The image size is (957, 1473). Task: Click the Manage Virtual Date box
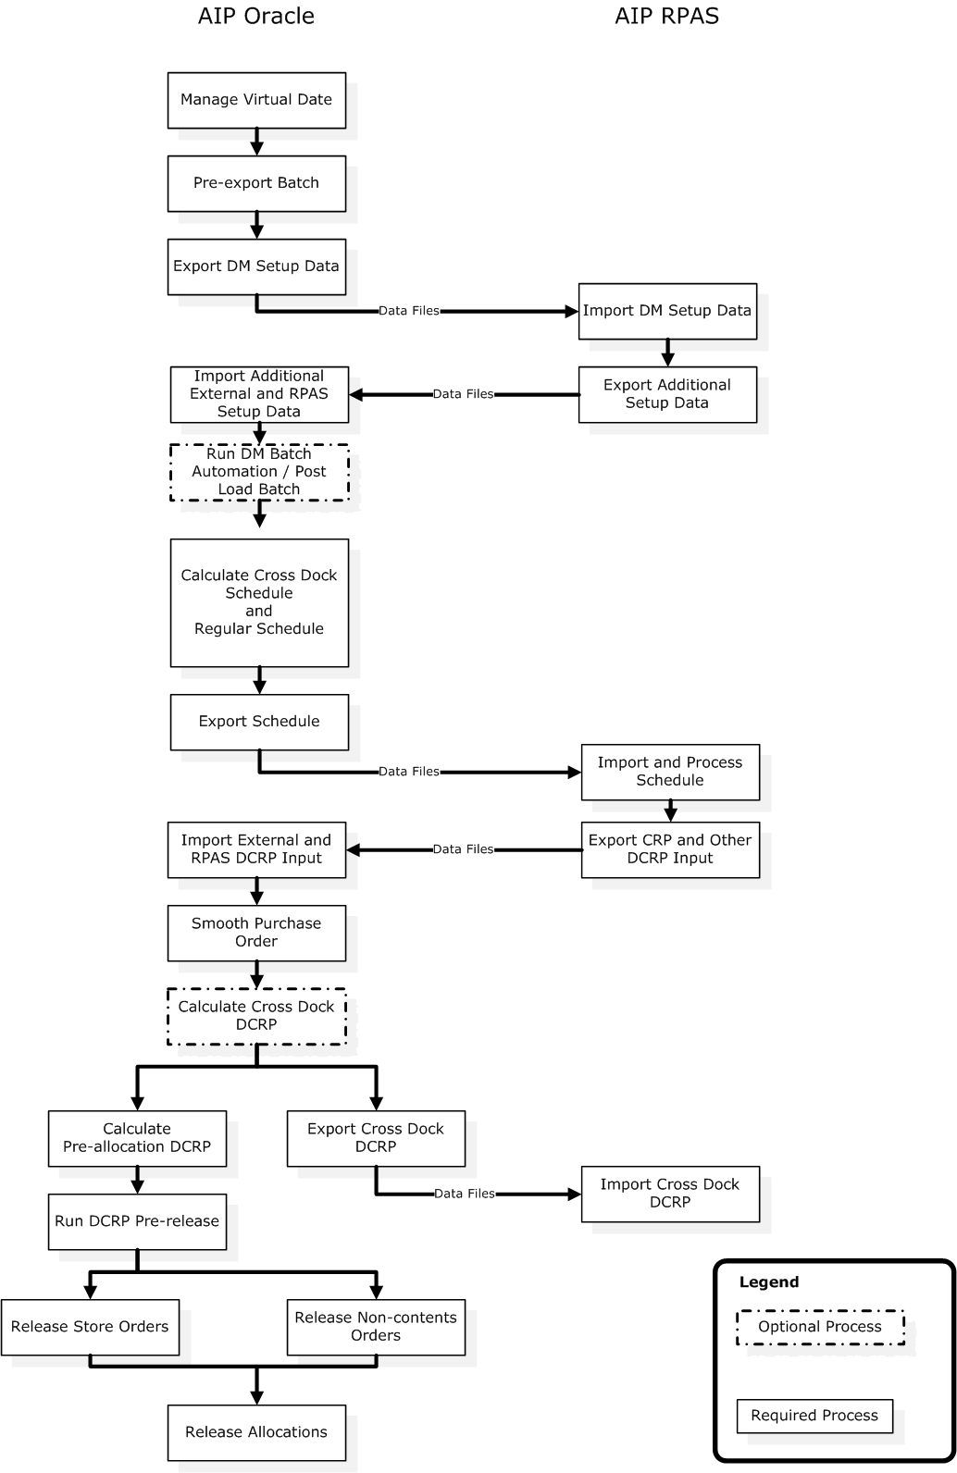click(256, 100)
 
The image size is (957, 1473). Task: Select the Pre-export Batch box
click(256, 183)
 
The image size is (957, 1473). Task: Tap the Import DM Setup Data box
click(666, 311)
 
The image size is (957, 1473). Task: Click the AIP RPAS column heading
click(666, 16)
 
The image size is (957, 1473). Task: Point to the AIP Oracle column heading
click(256, 16)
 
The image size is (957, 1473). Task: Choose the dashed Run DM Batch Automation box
click(259, 472)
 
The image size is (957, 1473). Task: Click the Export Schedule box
click(259, 722)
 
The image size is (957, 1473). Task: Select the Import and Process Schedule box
click(670, 772)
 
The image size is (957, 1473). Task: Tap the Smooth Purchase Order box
click(256, 933)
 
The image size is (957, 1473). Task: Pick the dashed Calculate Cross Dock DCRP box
click(256, 1016)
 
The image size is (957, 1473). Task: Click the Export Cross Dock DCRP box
click(376, 1138)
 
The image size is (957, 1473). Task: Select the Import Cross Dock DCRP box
click(670, 1194)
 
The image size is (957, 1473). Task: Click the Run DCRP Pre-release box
click(137, 1221)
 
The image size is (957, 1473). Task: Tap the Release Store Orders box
click(90, 1327)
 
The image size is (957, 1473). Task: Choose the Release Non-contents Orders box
click(376, 1327)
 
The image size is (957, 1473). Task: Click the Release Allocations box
click(256, 1432)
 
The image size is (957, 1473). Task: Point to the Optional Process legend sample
click(820, 1327)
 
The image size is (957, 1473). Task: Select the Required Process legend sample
click(814, 1416)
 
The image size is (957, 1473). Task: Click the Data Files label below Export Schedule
click(409, 772)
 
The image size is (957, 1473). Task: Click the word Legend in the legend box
click(768, 1282)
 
